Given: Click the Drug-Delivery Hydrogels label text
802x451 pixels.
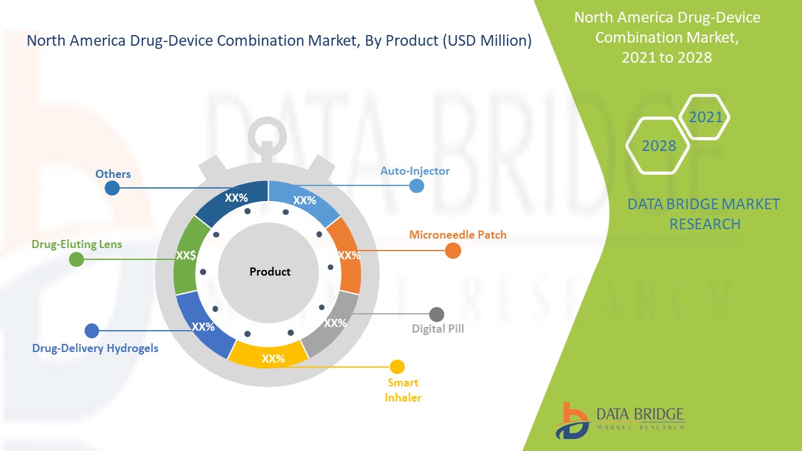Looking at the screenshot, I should (95, 348).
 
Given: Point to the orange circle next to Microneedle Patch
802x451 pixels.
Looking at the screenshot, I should (453, 251).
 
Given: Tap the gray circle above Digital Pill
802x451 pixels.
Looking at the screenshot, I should (437, 314).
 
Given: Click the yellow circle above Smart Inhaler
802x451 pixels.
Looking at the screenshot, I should (397, 367).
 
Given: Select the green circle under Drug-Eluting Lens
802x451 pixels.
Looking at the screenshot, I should (76, 259).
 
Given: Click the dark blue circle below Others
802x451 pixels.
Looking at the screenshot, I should (112, 188).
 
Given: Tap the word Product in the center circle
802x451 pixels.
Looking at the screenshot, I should (270, 272).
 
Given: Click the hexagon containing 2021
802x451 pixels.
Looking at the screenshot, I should (705, 117).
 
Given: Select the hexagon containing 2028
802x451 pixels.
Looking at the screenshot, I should (659, 146).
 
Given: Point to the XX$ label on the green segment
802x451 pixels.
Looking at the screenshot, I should (186, 256).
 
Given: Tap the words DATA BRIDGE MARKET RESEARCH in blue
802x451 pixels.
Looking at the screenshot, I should (704, 214).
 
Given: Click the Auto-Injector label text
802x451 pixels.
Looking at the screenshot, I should (415, 170).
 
